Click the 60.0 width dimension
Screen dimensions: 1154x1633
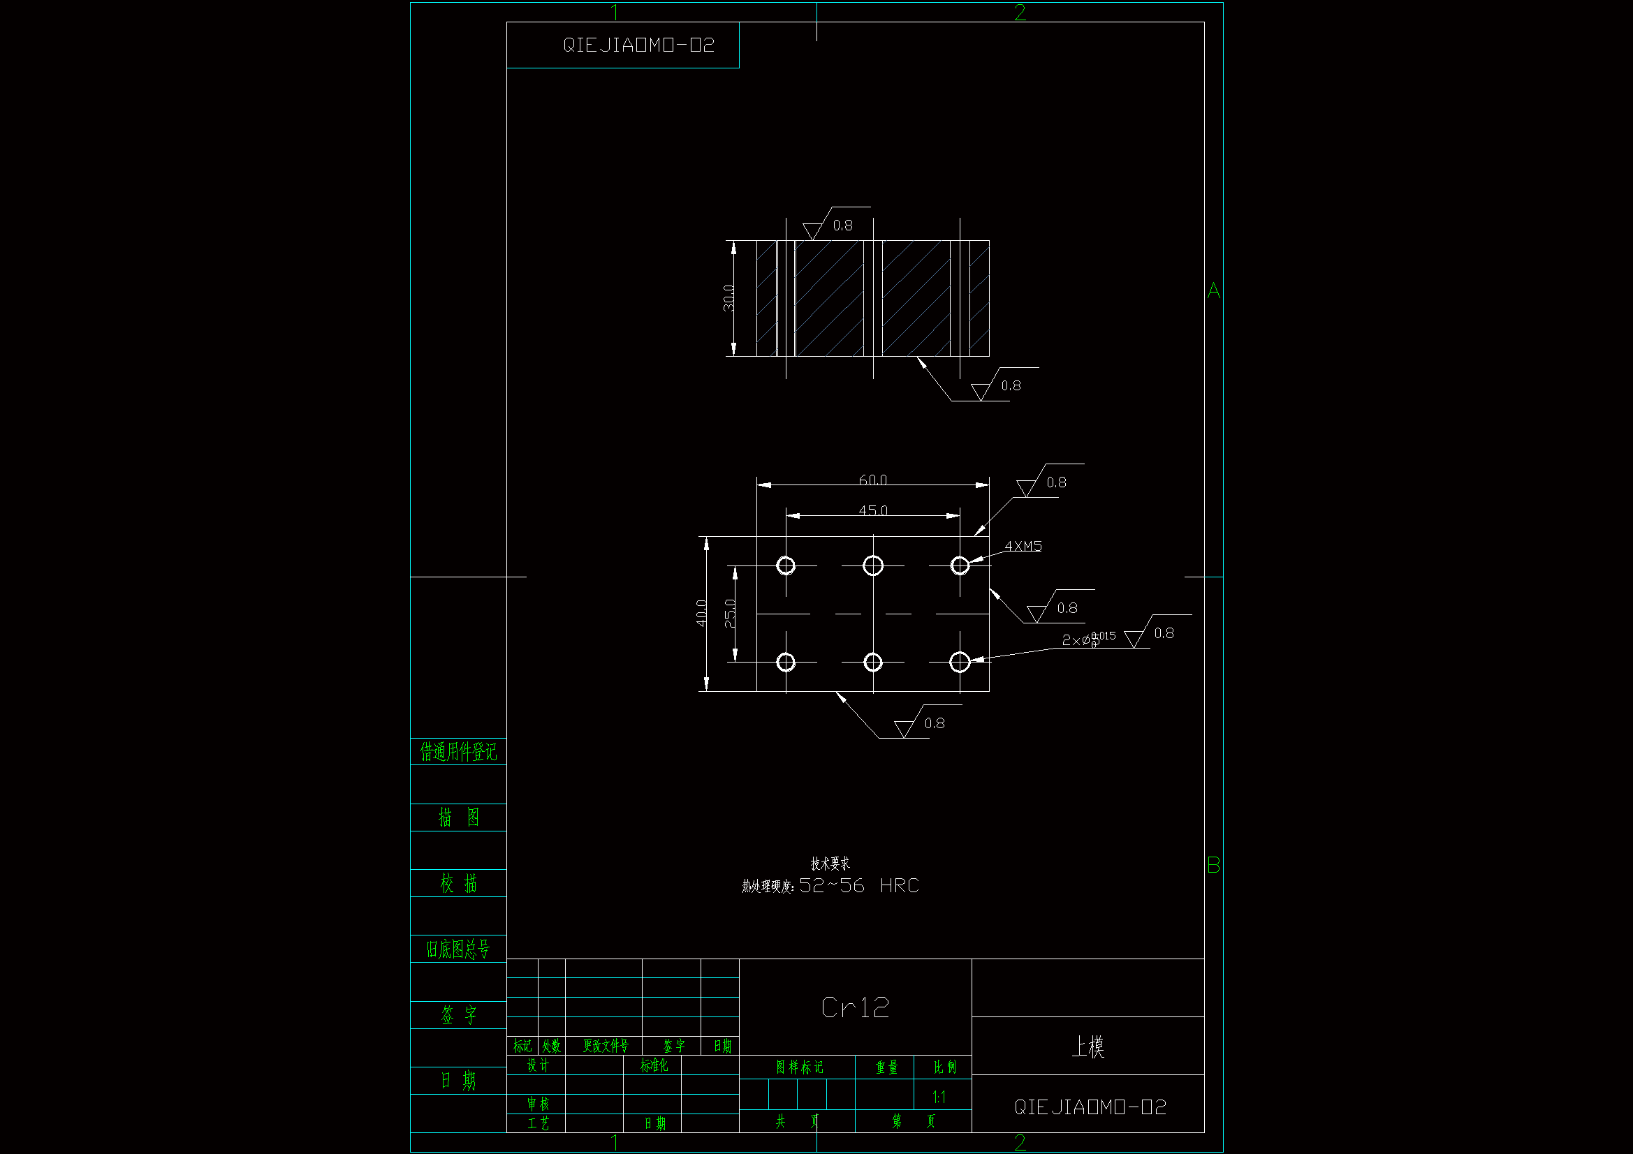[x=872, y=480]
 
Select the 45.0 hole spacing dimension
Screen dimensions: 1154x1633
[x=872, y=510]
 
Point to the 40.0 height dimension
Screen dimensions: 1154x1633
[x=702, y=613]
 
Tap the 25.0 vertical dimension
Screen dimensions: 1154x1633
[x=730, y=613]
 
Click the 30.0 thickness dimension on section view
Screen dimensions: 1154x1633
[x=729, y=298]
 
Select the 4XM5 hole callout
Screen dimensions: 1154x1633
[x=1023, y=546]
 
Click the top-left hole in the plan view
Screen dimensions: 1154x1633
[x=786, y=565]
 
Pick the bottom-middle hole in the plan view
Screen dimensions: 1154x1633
[x=872, y=662]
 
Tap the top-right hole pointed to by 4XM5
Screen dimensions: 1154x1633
[x=960, y=565]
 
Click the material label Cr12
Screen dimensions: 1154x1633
[x=855, y=1007]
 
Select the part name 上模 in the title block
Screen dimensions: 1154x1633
[x=1088, y=1046]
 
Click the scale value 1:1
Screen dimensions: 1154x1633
[x=939, y=1097]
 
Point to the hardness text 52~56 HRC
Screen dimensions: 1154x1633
[x=858, y=885]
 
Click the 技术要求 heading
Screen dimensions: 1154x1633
[x=830, y=863]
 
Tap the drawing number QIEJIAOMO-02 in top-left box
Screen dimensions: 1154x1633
[x=638, y=45]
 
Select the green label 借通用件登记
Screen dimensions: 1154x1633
[x=458, y=752]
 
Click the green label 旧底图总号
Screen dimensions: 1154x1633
[x=458, y=949]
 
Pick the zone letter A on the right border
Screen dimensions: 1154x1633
[x=1213, y=290]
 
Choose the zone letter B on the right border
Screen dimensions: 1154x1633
[x=1213, y=865]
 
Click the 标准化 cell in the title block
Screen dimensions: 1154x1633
[x=654, y=1065]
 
